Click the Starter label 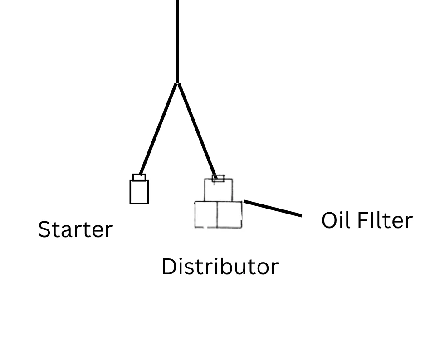tap(75, 229)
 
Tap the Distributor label tap(220, 267)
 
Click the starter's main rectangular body tap(139, 192)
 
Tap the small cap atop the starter tap(139, 177)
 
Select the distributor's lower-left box tap(206, 214)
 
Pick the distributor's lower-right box tap(230, 214)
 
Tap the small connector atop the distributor tap(218, 179)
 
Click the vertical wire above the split tap(177, 41)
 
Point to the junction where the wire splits tap(177, 83)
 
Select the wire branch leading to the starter tap(158, 129)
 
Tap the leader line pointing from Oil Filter tap(273, 208)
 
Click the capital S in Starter tap(44, 229)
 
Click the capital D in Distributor tap(169, 267)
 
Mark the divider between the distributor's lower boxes tap(217, 214)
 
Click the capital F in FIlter tap(362, 220)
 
